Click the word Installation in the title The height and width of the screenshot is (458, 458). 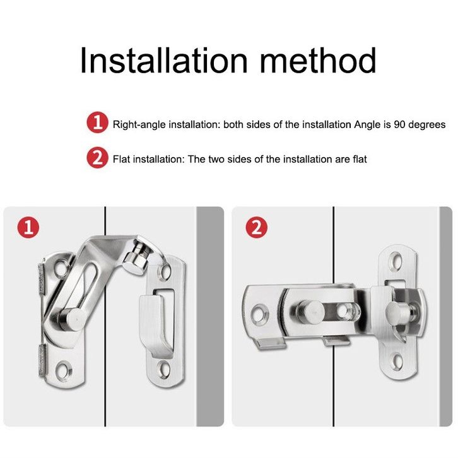pos(164,61)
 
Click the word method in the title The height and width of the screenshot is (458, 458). pos(318,61)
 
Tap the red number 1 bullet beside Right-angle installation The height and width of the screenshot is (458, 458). pos(98,122)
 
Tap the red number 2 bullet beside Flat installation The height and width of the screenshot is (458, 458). pos(98,158)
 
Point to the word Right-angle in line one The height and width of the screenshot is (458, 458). pos(139,126)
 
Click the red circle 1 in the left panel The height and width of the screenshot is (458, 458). pos(28,227)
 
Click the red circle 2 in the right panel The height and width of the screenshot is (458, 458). pos(256,227)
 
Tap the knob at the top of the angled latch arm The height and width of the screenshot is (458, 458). pos(136,259)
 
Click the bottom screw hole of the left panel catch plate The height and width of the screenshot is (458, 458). pos(163,369)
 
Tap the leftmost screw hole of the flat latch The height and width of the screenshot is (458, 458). pos(259,315)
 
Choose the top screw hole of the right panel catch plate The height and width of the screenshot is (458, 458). pos(396,261)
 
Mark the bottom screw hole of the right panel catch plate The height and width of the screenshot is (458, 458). pos(396,361)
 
